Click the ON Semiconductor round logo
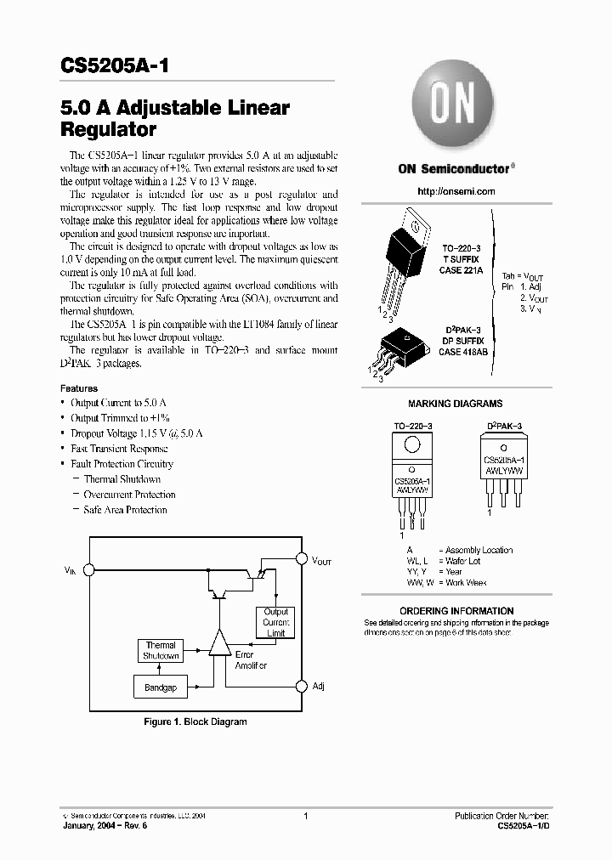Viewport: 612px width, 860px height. point(445,108)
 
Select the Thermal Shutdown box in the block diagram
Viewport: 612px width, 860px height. point(160,651)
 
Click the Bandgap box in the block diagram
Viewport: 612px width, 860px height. point(160,687)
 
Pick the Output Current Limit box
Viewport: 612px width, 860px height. point(276,623)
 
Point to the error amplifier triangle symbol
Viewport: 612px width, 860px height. point(220,644)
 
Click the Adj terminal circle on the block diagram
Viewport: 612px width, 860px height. point(300,686)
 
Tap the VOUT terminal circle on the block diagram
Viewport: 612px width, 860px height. point(300,559)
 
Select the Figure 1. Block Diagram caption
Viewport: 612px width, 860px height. point(194,721)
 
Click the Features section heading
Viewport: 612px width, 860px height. point(78,388)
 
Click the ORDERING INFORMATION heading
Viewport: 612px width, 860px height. point(456,611)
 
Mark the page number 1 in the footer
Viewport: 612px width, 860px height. point(305,817)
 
